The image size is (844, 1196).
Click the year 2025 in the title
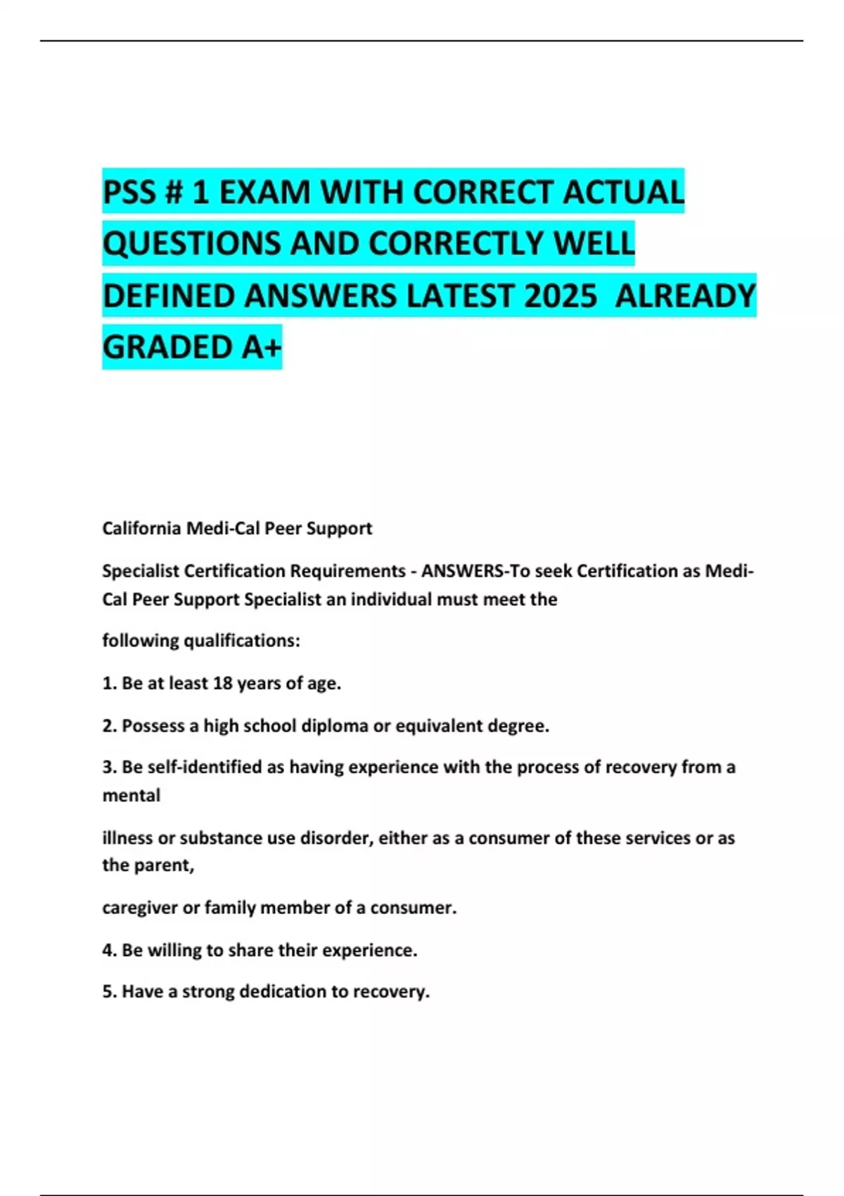(560, 295)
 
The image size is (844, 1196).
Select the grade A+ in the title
(262, 348)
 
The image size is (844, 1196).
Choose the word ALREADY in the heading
(685, 295)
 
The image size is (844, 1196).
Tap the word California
(141, 528)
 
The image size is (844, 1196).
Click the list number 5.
(108, 992)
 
